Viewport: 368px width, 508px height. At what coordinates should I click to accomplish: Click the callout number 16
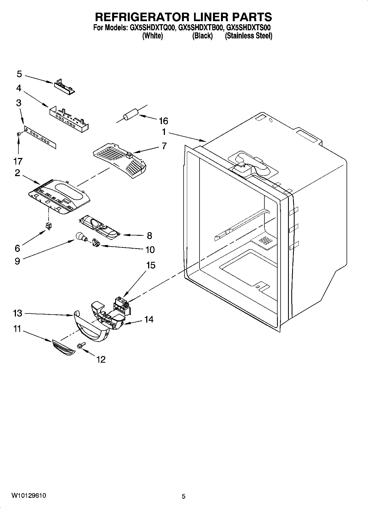[x=164, y=121]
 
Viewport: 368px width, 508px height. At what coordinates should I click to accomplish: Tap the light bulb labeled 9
[x=80, y=237]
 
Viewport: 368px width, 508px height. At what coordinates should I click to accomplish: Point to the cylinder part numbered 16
[x=130, y=114]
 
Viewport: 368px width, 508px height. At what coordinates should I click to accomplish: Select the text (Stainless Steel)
[x=248, y=36]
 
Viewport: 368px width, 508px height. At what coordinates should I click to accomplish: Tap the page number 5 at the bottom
[x=184, y=496]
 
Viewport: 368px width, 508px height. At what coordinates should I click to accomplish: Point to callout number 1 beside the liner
[x=164, y=132]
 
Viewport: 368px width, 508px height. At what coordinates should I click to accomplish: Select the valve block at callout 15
[x=122, y=306]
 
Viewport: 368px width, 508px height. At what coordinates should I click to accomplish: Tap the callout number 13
[x=18, y=313]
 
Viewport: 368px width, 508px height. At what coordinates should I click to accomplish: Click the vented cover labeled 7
[x=119, y=161]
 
